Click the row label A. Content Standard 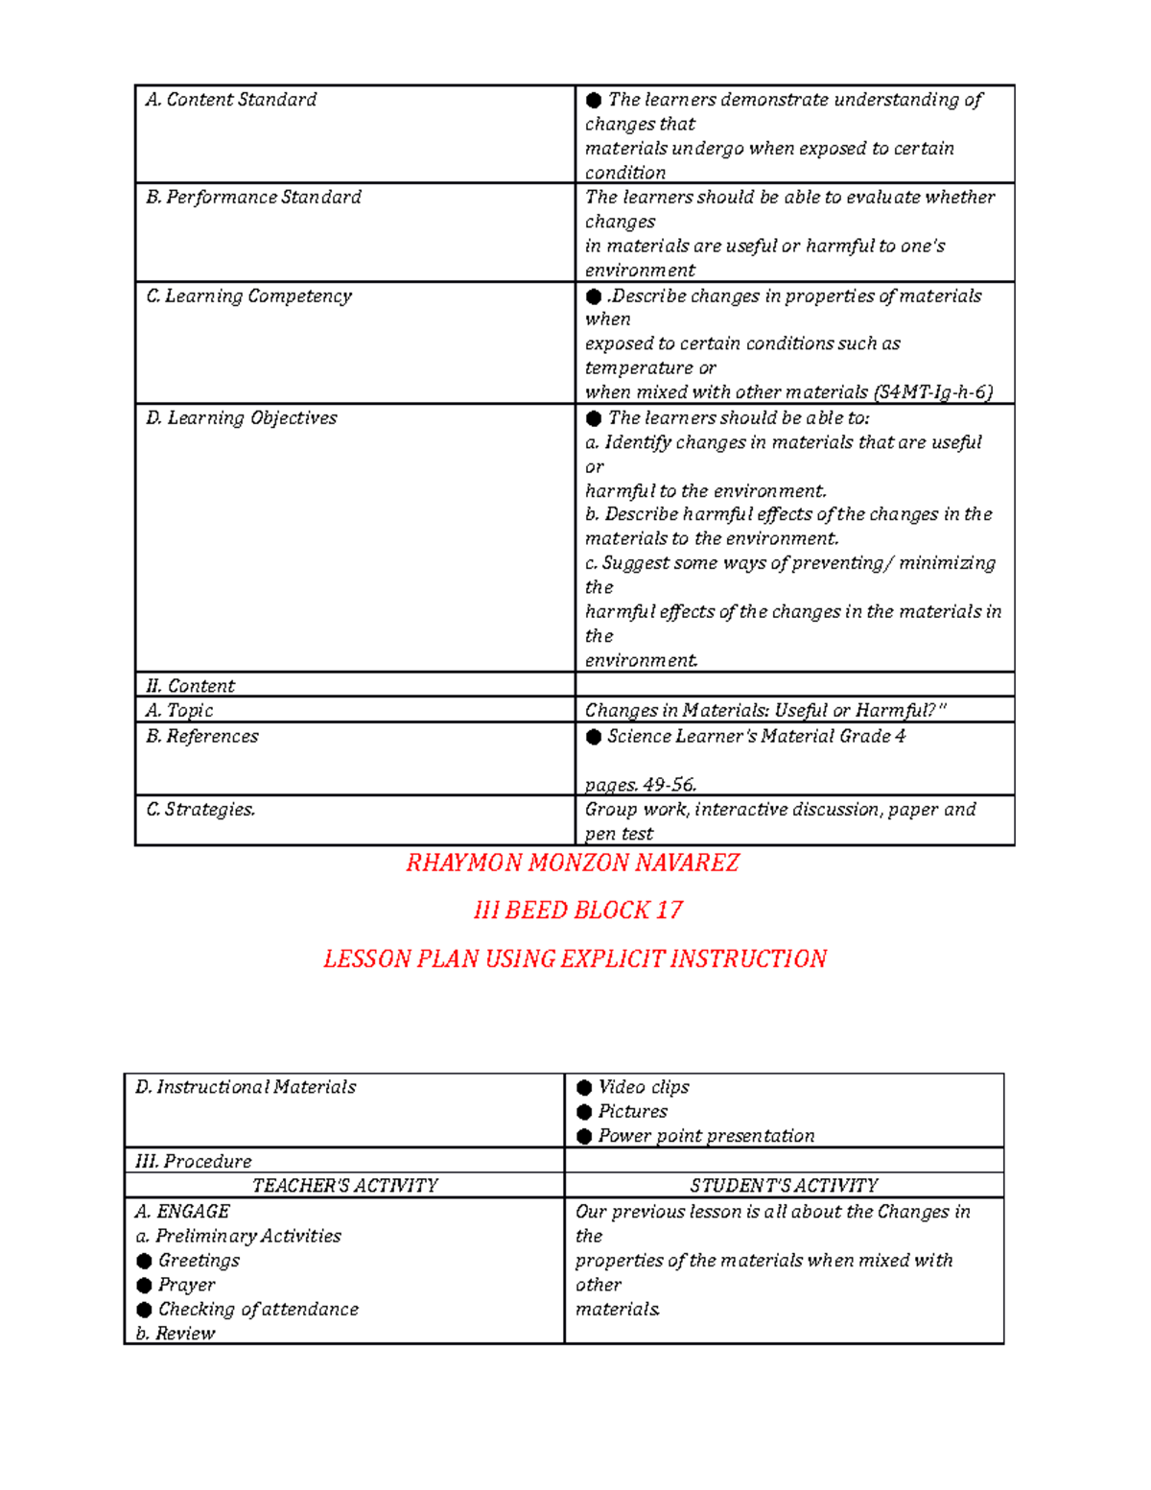230,100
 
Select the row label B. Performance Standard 253,198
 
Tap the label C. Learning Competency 248,296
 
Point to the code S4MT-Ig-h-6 933,392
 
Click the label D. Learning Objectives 241,418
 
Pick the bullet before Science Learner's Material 594,737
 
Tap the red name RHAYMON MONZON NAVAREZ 573,863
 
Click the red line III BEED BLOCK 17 577,911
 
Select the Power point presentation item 706,1136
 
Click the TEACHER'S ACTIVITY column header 344,1186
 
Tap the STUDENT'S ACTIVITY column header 784,1186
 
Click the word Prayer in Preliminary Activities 186,1285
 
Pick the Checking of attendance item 258,1310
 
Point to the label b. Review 176,1334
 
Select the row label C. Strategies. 200,810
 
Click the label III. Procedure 194,1162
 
